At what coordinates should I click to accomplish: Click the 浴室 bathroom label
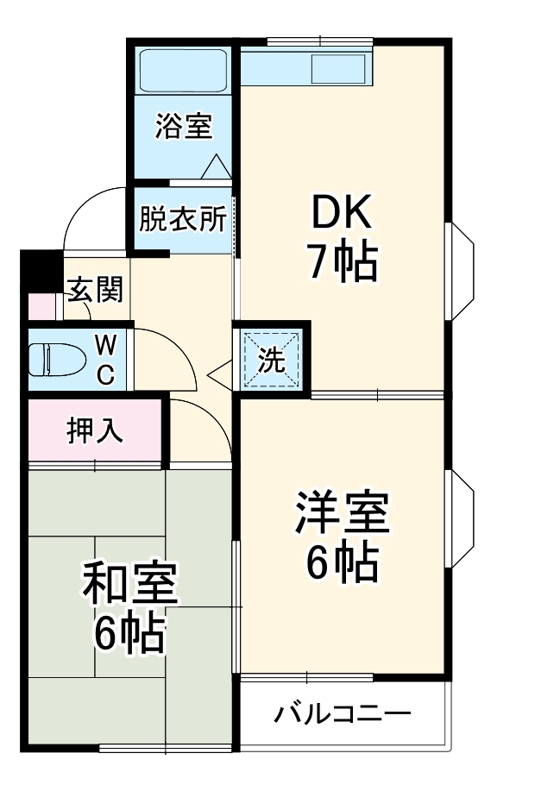[x=183, y=128]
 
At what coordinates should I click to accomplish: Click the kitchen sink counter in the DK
[x=306, y=67]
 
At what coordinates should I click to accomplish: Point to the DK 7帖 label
[x=343, y=237]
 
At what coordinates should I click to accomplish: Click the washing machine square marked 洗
[x=272, y=360]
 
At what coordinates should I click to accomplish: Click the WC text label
[x=104, y=360]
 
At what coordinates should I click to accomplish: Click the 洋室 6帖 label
[x=343, y=537]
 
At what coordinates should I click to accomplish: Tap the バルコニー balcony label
[x=343, y=714]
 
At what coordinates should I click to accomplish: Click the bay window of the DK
[x=460, y=272]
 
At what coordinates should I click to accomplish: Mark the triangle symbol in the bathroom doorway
[x=214, y=166]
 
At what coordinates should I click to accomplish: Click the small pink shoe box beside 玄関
[x=41, y=306]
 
